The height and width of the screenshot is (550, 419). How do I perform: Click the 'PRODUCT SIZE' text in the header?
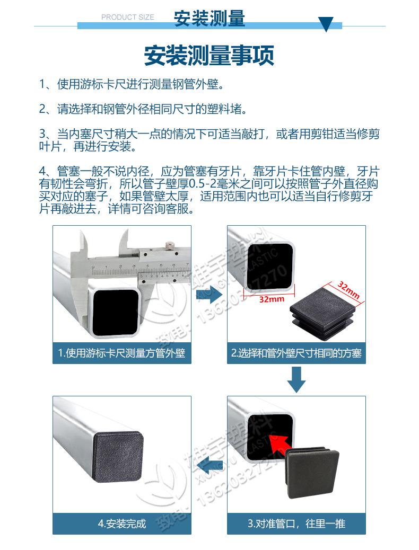pyautogui.click(x=127, y=17)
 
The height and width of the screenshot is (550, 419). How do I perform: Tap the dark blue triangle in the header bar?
pyautogui.click(x=325, y=24)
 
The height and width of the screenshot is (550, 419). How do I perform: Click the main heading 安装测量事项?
pyautogui.click(x=209, y=56)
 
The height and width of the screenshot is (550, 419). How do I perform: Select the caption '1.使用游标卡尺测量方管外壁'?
pyautogui.click(x=121, y=353)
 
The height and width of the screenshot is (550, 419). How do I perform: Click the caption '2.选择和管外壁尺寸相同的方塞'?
pyautogui.click(x=296, y=353)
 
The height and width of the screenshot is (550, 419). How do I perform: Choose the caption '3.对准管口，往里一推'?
pyautogui.click(x=296, y=524)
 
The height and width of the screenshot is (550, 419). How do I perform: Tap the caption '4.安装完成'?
pyautogui.click(x=121, y=524)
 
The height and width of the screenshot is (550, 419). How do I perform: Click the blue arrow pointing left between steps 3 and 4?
pyautogui.click(x=208, y=464)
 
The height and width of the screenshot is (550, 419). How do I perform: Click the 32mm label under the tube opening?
pyautogui.click(x=272, y=299)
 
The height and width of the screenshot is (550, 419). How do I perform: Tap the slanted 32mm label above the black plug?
pyautogui.click(x=348, y=290)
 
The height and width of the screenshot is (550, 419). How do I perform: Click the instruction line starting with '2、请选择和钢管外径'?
pyautogui.click(x=143, y=109)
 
